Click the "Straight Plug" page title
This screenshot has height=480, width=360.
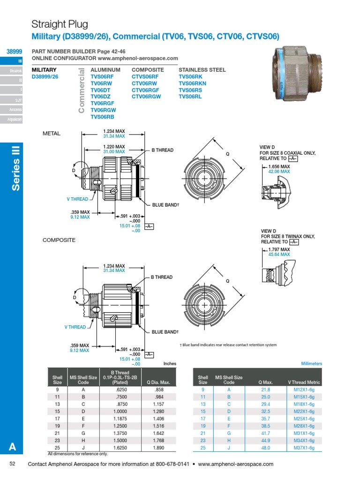click(x=60, y=24)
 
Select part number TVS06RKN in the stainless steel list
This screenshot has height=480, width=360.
click(x=192, y=83)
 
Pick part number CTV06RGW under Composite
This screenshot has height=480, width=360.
click(x=146, y=96)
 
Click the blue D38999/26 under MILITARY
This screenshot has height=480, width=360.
click(x=45, y=76)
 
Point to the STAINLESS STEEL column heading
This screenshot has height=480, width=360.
click(x=202, y=70)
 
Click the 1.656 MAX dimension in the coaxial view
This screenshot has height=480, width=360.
click(x=279, y=166)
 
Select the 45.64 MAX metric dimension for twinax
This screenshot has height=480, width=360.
click(x=279, y=255)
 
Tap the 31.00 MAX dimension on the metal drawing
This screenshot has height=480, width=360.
click(x=114, y=152)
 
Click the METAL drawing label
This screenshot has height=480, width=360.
click(x=52, y=134)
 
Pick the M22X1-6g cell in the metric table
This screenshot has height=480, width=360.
click(x=304, y=411)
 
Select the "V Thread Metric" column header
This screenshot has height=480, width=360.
click(x=304, y=382)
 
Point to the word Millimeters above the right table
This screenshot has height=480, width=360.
click(x=311, y=363)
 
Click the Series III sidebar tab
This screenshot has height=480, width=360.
click(x=15, y=174)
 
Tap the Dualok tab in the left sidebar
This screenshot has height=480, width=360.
click(x=15, y=70)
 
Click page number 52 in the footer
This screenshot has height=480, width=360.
click(x=13, y=464)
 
